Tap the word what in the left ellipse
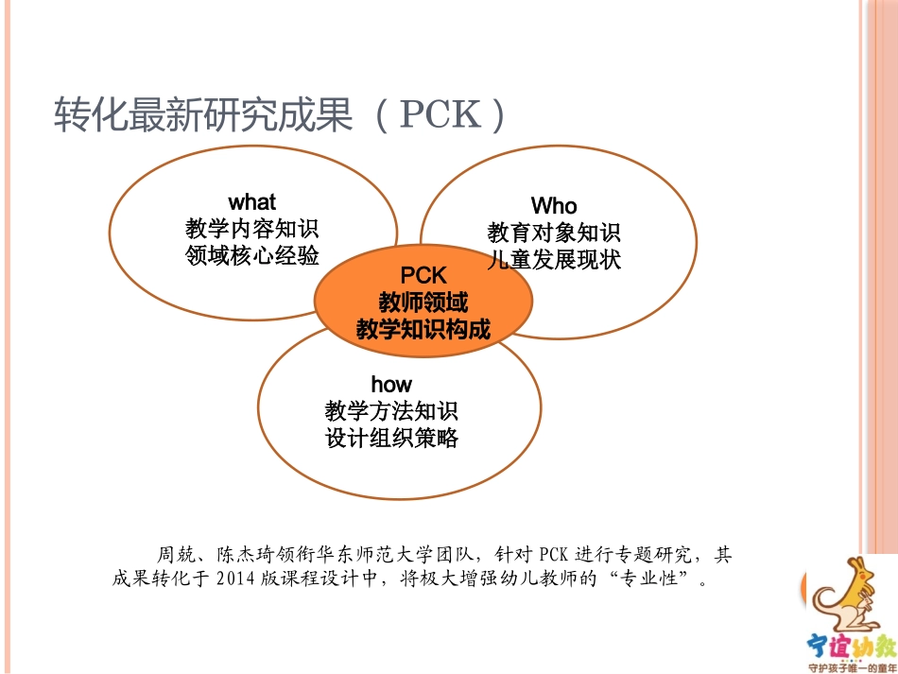pyautogui.click(x=252, y=202)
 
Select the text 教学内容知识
pyautogui.click(x=252, y=229)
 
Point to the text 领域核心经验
pyautogui.click(x=252, y=255)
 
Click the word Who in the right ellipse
pyautogui.click(x=554, y=206)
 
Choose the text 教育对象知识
pyautogui.click(x=554, y=233)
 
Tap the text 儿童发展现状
pyautogui.click(x=554, y=260)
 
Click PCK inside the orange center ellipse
pyautogui.click(x=423, y=275)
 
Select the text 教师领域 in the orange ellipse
pyautogui.click(x=423, y=302)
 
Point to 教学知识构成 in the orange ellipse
pyautogui.click(x=423, y=329)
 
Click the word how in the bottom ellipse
pyautogui.click(x=391, y=384)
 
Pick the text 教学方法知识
pyautogui.click(x=391, y=411)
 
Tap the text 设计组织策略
pyautogui.click(x=391, y=438)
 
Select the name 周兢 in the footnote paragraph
pyautogui.click(x=173, y=554)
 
